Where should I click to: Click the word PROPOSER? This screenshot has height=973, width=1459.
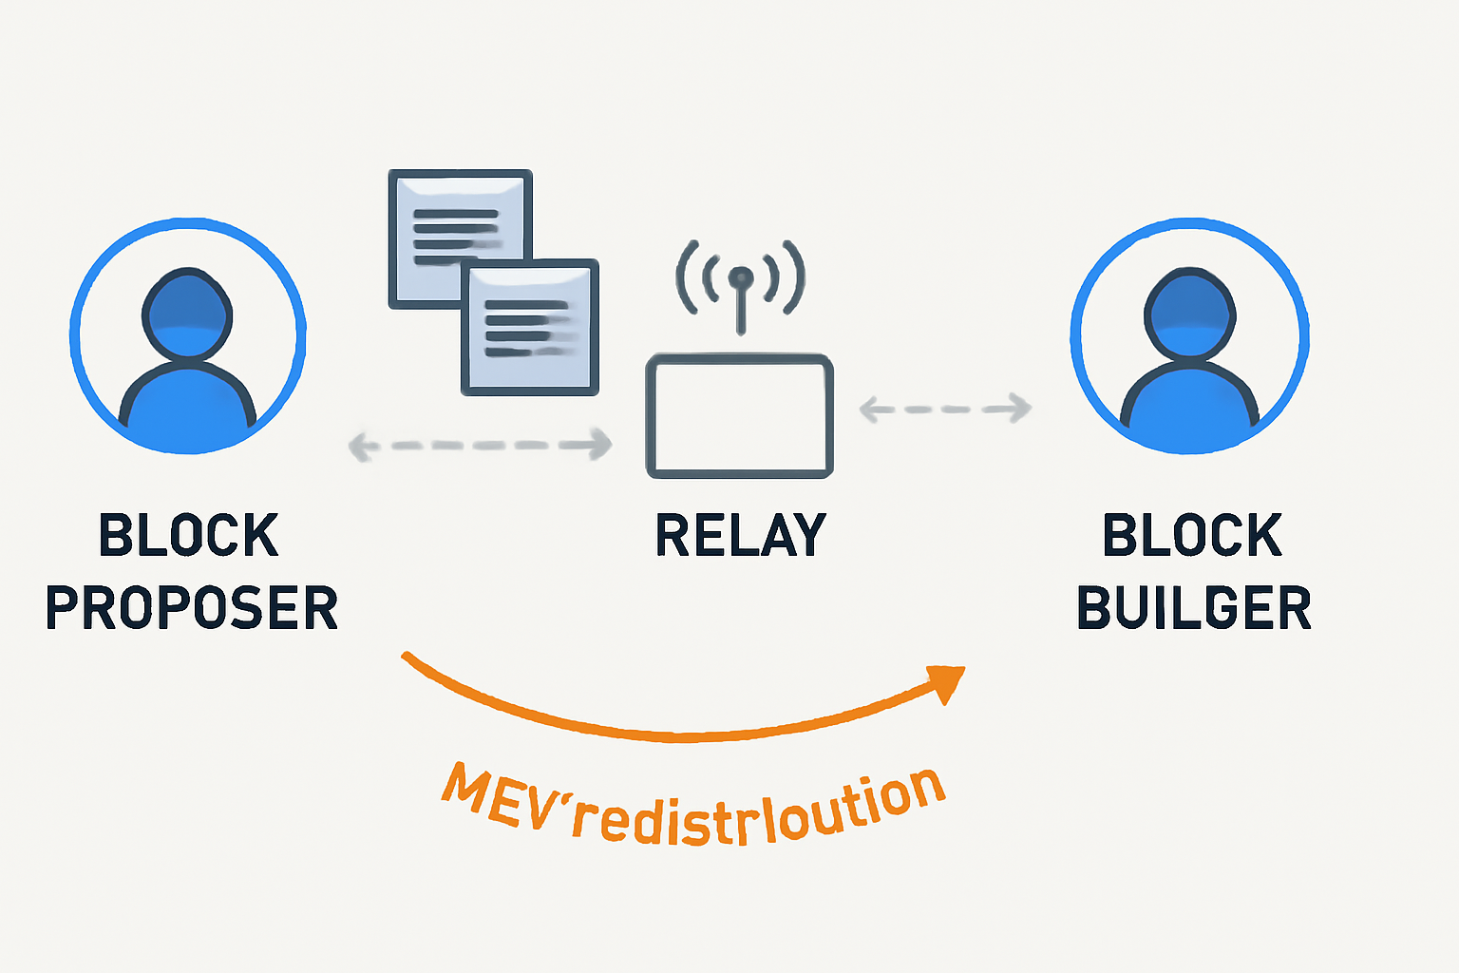(x=192, y=608)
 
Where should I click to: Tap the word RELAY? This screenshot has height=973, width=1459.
(x=741, y=535)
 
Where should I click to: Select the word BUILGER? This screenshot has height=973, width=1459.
(x=1193, y=608)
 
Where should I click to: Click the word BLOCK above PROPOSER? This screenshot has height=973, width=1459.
(x=188, y=535)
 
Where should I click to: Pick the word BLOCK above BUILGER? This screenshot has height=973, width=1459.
(x=1192, y=535)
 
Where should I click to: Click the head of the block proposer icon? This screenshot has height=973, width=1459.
(x=187, y=314)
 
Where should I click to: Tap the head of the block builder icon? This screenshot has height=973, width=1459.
(x=1190, y=314)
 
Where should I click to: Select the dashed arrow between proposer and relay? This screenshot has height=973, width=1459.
(x=480, y=444)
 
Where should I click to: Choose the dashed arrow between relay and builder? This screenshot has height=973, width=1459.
(x=945, y=409)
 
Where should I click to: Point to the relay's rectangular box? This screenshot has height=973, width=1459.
(x=740, y=416)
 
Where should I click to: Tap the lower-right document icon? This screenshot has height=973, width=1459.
(x=530, y=328)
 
